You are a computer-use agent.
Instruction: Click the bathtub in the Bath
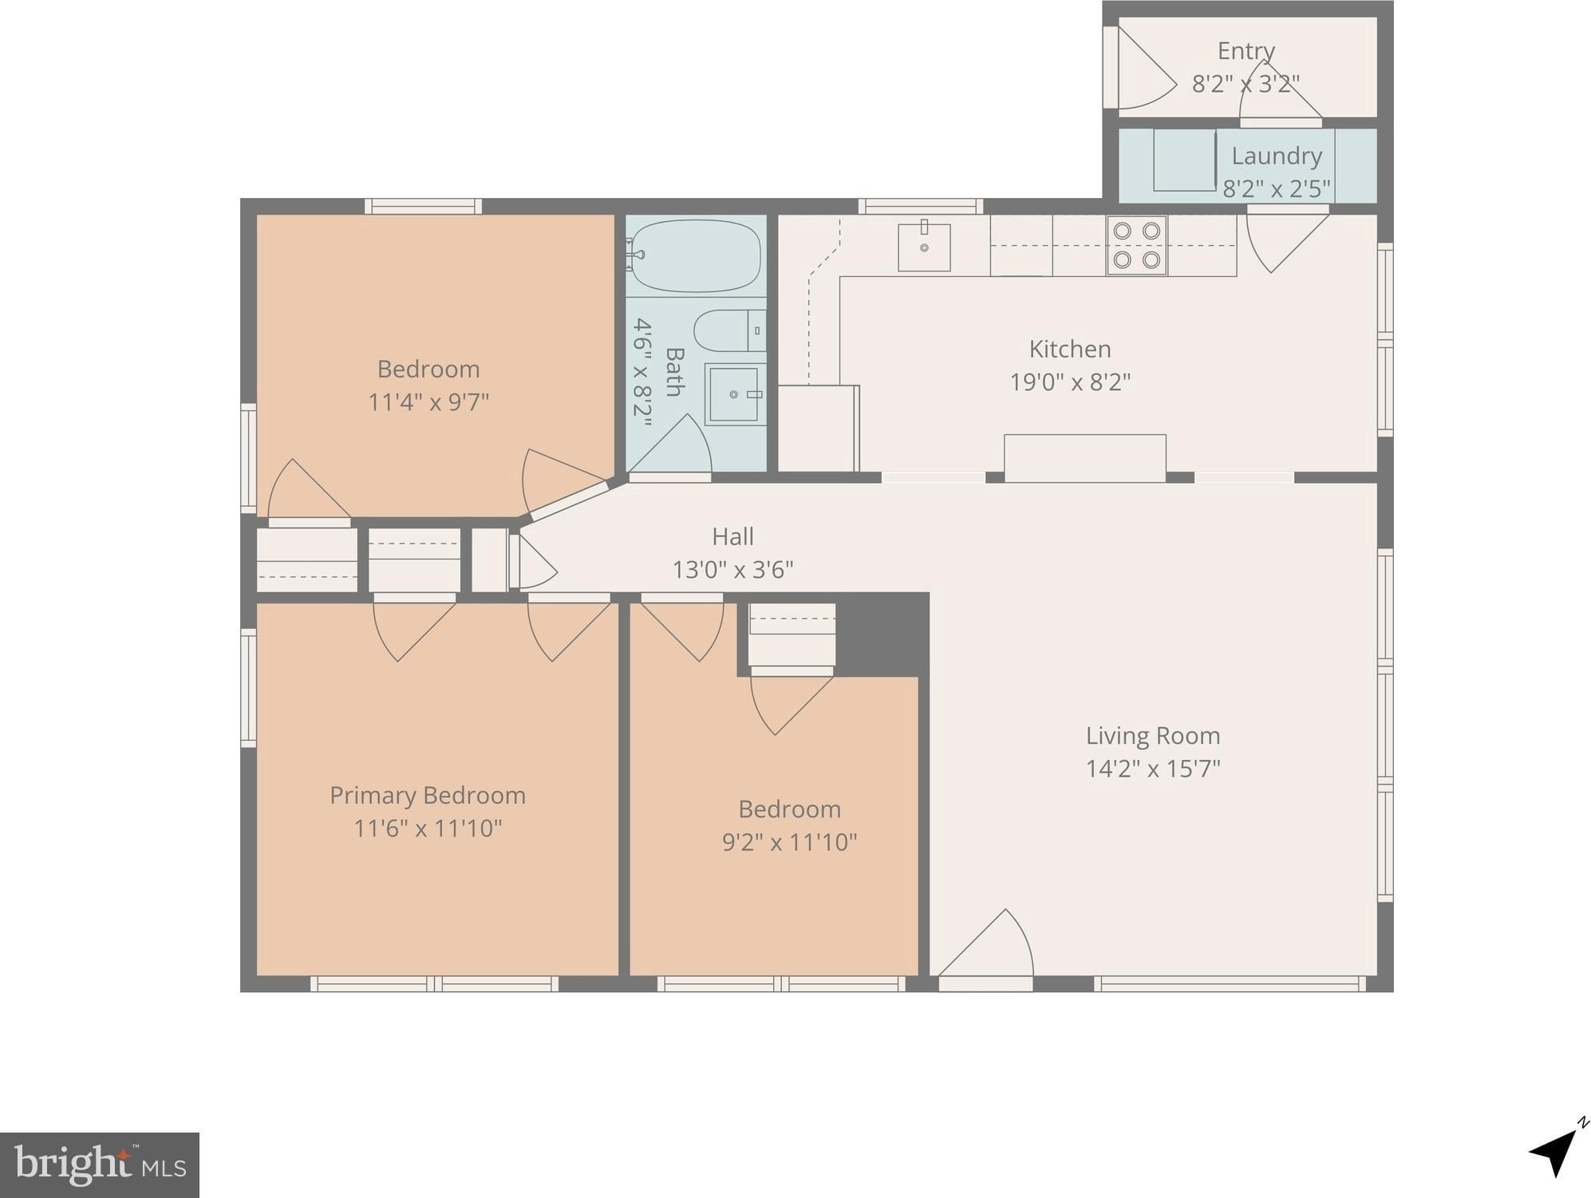(x=694, y=256)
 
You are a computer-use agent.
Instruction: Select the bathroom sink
(x=734, y=394)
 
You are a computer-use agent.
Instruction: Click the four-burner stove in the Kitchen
(x=1137, y=245)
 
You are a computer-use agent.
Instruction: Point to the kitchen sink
(x=924, y=247)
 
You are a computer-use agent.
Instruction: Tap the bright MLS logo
(x=100, y=1164)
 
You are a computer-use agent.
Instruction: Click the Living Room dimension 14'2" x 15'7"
(x=1153, y=769)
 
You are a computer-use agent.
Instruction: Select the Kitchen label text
(x=1070, y=349)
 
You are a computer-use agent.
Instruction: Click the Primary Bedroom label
(x=428, y=795)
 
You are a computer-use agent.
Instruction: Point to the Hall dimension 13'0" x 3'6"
(x=732, y=570)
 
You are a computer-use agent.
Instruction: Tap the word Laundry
(x=1277, y=156)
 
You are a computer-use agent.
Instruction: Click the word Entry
(x=1246, y=51)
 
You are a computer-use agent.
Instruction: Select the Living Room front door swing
(x=987, y=943)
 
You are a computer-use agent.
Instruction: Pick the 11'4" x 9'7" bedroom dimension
(x=428, y=401)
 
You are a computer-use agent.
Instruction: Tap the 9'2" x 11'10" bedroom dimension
(x=790, y=842)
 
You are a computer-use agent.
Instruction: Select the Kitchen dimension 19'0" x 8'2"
(x=1070, y=382)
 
